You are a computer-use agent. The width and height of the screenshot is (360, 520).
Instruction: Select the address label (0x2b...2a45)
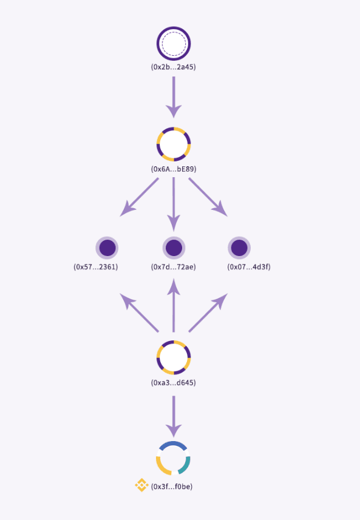pos(174,67)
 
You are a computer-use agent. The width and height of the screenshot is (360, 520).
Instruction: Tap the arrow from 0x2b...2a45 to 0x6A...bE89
pos(174,97)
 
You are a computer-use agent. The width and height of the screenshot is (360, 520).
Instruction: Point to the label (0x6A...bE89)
pos(174,169)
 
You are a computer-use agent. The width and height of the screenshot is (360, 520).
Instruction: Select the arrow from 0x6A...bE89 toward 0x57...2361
pos(139,197)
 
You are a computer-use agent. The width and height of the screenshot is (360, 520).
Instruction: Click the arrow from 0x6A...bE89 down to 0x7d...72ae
pos(174,204)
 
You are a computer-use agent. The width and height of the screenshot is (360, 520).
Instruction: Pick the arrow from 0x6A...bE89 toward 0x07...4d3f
pos(208,197)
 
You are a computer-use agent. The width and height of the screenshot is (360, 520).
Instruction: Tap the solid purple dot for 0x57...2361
pos(107,248)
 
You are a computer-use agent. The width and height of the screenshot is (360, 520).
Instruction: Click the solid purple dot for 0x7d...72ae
pos(174,248)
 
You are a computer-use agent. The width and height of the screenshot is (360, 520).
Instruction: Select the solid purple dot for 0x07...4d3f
pos(239,248)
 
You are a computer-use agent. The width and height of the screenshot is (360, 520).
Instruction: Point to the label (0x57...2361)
pos(96,267)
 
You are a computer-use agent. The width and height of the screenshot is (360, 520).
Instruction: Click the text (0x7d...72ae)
pos(174,267)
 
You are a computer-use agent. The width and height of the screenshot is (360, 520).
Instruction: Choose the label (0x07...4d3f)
pos(249,267)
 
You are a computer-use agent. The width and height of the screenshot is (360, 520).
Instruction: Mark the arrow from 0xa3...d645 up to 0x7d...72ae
pos(174,305)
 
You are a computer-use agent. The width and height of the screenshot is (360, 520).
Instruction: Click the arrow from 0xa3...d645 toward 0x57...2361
pos(139,312)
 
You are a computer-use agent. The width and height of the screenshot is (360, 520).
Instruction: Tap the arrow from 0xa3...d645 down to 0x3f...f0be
pos(174,416)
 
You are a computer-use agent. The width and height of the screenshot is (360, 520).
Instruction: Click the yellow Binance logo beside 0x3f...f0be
pos(141,485)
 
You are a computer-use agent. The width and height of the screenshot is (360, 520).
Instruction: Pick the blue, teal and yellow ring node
pos(174,443)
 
